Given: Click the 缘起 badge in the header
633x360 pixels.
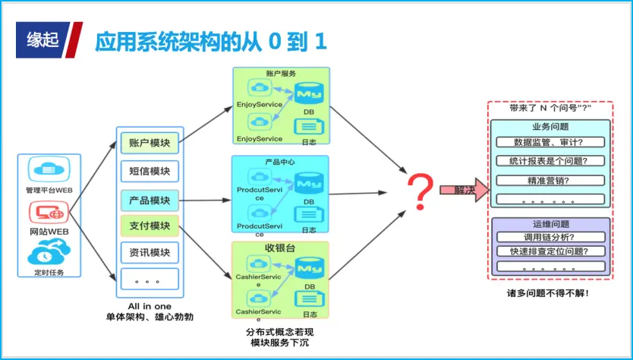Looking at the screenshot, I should point(43,40).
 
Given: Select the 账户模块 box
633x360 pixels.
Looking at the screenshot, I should point(150,144).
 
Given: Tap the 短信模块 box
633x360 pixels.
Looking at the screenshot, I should point(150,171).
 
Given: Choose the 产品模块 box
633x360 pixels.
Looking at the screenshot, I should point(150,200).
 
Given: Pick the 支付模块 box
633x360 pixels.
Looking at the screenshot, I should point(150,226).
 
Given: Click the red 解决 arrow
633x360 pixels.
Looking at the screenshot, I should point(462,190).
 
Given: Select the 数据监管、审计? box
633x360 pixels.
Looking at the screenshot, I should point(550,142).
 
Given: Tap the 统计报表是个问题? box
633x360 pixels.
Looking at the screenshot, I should point(550,161).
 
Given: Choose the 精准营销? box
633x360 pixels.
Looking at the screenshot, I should point(550,181).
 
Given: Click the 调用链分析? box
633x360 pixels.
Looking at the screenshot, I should point(550,238).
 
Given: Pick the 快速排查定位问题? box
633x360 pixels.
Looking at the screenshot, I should point(550,251).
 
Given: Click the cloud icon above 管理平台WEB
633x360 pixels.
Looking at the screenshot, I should point(49,169).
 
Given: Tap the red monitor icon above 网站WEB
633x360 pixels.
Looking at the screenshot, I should point(49,211).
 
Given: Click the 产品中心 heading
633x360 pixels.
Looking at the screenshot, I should point(279,163).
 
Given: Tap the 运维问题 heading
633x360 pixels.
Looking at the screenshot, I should point(550,225).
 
